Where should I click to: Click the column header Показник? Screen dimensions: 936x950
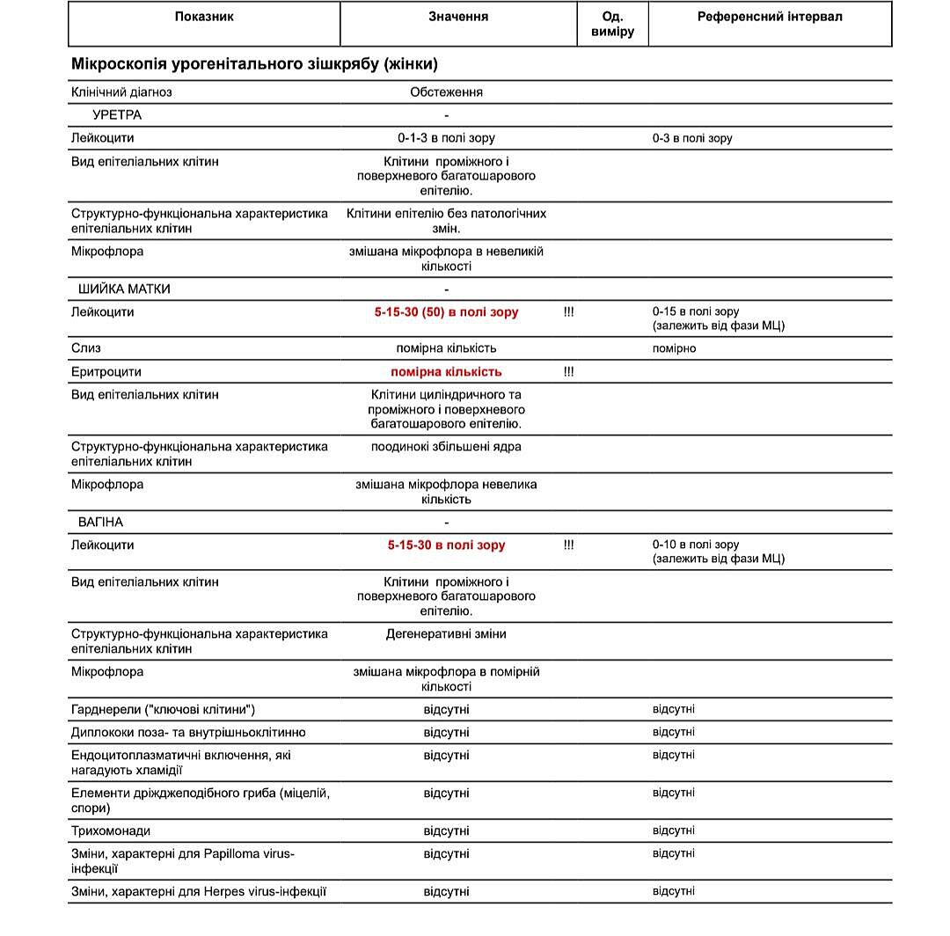pos(204,17)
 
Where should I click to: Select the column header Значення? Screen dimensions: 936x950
pos(458,17)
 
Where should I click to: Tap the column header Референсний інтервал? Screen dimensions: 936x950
pos(770,17)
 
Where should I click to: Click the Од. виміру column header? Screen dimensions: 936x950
pos(612,24)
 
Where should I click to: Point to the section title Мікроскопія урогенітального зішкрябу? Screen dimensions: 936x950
pos(254,64)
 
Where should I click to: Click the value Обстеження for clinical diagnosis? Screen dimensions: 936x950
pos(446,92)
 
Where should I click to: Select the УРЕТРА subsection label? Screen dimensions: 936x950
pos(116,115)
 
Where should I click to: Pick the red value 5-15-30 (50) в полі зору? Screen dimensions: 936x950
pos(446,312)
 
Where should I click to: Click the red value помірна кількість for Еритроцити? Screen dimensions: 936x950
pos(446,372)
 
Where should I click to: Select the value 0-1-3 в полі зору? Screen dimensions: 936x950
pos(446,138)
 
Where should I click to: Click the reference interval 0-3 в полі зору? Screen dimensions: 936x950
pos(692,138)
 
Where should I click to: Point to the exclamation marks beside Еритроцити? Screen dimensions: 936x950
pos(568,372)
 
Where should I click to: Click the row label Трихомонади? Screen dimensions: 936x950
pos(110,830)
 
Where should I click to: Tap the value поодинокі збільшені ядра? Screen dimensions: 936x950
pos(446,447)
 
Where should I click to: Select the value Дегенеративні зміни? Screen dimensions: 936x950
pos(446,634)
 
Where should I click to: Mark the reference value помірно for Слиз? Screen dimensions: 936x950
pos(674,348)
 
